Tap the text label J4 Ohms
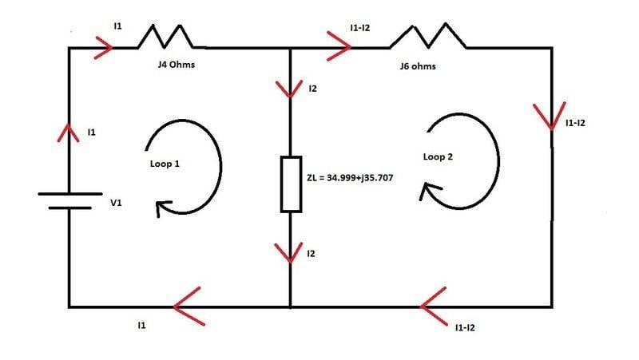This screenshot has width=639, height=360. point(177,65)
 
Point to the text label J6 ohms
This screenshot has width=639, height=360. point(418,66)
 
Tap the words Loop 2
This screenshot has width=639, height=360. point(438,157)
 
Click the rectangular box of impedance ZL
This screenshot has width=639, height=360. point(291,184)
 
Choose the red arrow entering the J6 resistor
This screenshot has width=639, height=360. point(339,48)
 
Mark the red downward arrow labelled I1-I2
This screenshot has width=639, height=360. point(551,117)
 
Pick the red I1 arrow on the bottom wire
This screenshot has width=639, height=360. point(188,307)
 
